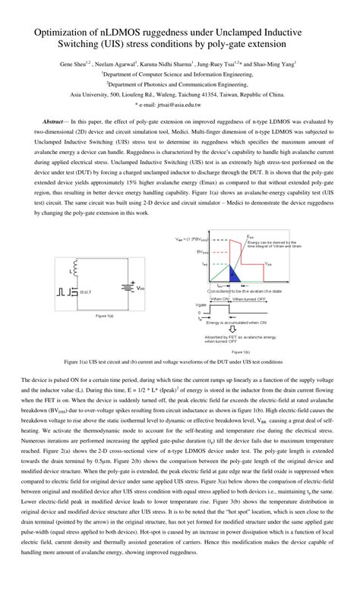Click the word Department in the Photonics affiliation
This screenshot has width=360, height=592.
point(120,85)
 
